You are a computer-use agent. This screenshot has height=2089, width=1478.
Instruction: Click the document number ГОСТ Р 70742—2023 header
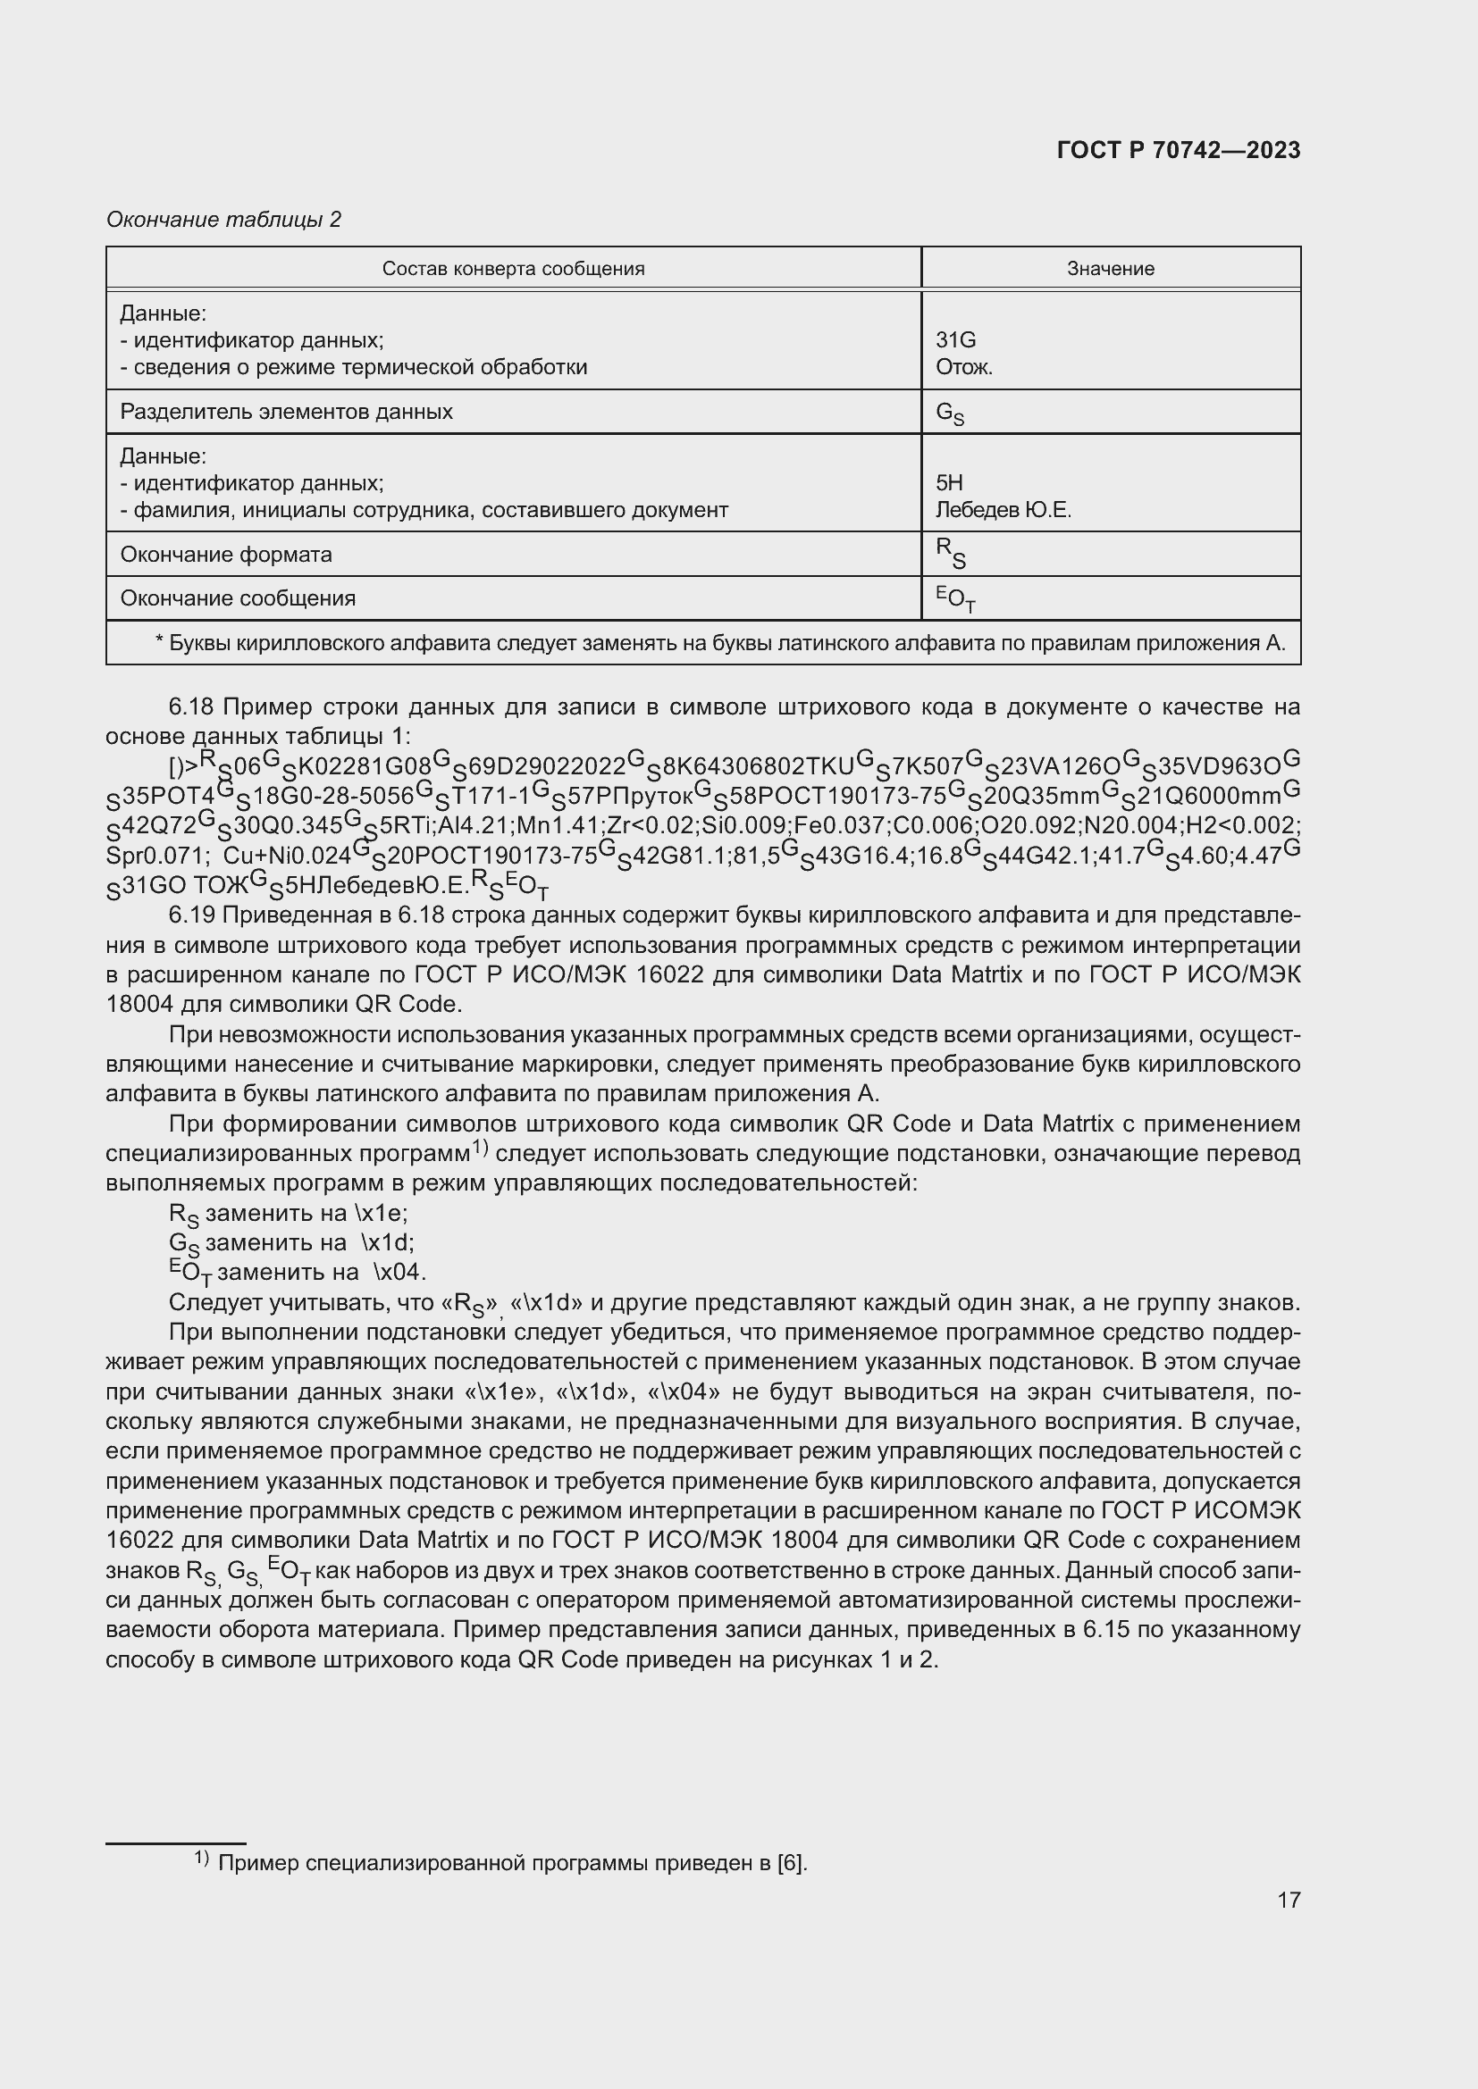[x=1178, y=150]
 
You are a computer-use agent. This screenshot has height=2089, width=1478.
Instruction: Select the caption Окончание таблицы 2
[x=224, y=220]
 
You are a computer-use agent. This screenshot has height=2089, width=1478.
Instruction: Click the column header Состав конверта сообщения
[x=513, y=269]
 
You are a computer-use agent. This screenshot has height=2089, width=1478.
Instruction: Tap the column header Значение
[x=1111, y=269]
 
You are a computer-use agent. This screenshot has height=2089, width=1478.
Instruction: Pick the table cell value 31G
[x=955, y=340]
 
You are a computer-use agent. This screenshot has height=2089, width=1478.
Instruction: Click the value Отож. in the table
[x=964, y=368]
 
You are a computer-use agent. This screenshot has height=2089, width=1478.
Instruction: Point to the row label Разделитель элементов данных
[x=287, y=411]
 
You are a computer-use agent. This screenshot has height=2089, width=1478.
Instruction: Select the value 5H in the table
[x=949, y=483]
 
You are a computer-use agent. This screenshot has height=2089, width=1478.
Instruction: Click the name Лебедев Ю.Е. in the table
[x=1003, y=511]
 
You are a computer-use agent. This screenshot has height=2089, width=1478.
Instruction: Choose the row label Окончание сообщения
[x=238, y=598]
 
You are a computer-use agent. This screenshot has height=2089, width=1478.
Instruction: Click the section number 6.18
[x=189, y=707]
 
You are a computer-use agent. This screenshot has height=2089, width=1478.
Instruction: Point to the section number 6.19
[x=189, y=915]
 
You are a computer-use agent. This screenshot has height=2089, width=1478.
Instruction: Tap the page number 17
[x=1289, y=1900]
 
